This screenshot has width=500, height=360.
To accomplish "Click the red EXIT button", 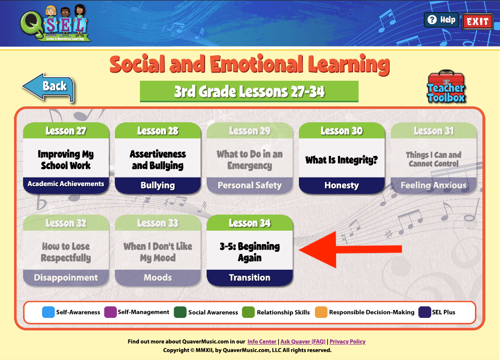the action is coord(477,22).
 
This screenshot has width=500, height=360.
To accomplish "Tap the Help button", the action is coord(442,20).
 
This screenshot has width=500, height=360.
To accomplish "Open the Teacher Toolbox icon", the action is coord(446,87).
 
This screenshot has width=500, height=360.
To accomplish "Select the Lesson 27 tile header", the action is coord(66,130).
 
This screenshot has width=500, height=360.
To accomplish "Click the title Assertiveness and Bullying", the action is coord(158,160).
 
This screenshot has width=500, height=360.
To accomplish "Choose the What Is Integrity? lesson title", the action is coord(342,160).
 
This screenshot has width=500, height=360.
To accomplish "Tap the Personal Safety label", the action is coord(250,185).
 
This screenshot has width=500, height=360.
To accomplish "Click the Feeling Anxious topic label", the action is coord(434,185).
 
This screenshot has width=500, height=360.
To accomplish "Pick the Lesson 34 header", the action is coord(250,223).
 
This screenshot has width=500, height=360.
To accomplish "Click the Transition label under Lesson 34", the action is coord(250,277).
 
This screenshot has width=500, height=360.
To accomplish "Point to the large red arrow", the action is coord(350,249).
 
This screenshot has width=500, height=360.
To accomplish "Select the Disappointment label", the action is coord(66,277).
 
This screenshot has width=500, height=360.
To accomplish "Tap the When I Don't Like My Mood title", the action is coord(158,252).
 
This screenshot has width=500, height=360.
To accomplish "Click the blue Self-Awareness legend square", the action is coord(49,312).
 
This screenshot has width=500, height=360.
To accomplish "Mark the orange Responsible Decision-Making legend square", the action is coord(321,312).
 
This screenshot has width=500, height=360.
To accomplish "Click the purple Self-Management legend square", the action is coord(110,312).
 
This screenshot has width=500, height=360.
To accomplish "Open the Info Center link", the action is coord(262,341).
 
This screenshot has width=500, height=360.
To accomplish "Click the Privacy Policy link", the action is coord(348,341).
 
